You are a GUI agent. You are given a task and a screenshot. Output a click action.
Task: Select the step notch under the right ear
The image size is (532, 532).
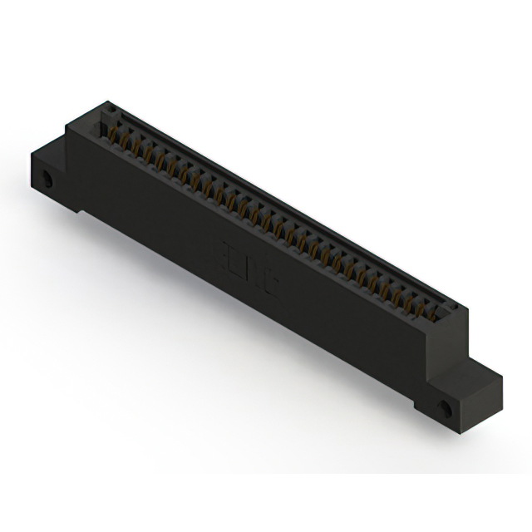coord(421,406)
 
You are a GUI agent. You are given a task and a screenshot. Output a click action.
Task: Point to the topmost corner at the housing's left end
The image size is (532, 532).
coord(106,103)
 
